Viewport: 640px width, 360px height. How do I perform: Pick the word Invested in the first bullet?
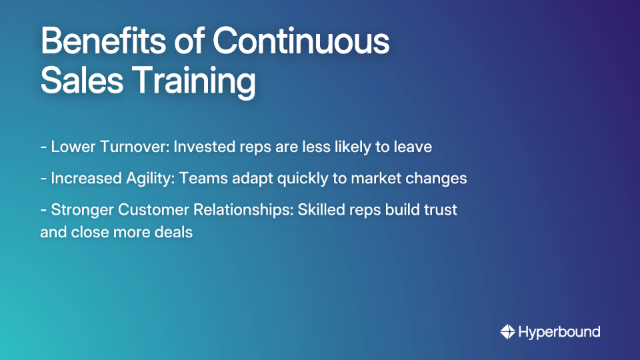[x=203, y=147]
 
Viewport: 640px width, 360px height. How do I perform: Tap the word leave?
[x=413, y=147]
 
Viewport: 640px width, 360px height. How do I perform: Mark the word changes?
[x=441, y=179]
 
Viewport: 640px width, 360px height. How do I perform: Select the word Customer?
[x=151, y=210]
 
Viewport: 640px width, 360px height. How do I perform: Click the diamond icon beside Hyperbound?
[x=507, y=331]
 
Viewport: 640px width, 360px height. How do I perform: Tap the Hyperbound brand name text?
[x=559, y=332]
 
